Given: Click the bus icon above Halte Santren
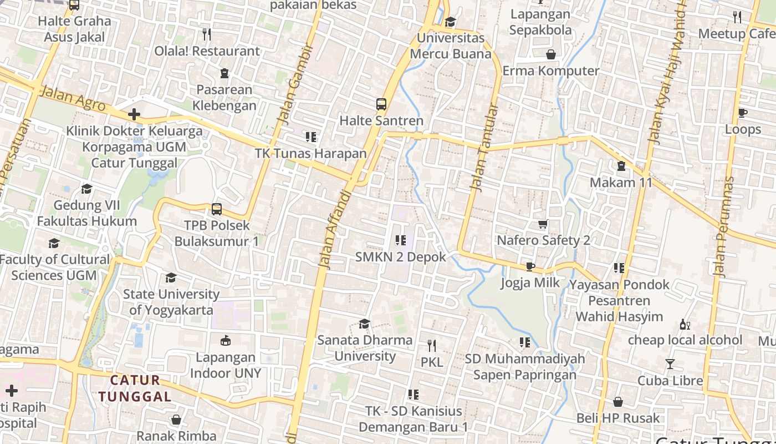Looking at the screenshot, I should click(x=381, y=104).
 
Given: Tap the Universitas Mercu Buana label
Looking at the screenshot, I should click(x=451, y=46).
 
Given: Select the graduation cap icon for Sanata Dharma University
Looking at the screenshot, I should click(x=364, y=324).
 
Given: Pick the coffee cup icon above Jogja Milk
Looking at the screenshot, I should click(x=530, y=267).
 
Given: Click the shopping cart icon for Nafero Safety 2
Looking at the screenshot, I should click(x=543, y=224).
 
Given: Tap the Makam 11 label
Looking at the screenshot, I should click(x=621, y=183).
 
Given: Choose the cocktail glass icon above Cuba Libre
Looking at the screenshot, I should click(x=670, y=364).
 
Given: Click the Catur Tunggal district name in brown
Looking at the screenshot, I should click(x=136, y=389).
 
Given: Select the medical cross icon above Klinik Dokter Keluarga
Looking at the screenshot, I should click(x=134, y=115).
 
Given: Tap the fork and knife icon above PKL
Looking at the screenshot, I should click(x=432, y=346).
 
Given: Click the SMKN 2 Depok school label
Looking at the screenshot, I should click(x=400, y=257).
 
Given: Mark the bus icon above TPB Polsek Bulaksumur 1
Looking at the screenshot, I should click(x=217, y=209).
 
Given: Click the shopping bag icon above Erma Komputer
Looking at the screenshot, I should click(x=551, y=54).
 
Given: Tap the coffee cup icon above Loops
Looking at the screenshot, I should click(x=743, y=113).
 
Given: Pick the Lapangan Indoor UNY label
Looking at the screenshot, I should click(x=226, y=365).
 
